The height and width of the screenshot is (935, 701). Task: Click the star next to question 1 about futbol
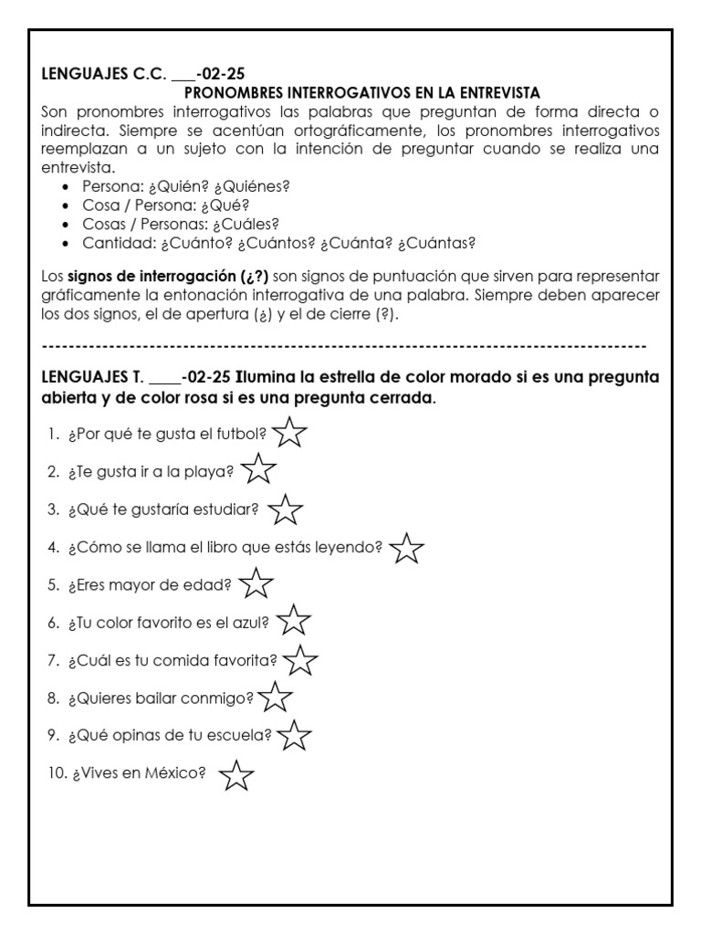tap(289, 433)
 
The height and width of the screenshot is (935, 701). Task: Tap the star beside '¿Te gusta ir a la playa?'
tap(259, 471)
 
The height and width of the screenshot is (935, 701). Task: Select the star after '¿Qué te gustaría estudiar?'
tap(287, 510)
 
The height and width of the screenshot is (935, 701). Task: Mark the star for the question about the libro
tap(406, 548)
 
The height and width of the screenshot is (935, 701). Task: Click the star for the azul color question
tap(293, 622)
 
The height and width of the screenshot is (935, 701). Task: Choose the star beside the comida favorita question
tap(301, 659)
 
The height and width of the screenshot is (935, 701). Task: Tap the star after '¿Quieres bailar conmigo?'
tap(275, 699)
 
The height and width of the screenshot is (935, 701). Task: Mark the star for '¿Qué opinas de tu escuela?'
tap(294, 734)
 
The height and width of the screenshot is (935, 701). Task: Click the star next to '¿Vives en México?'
tap(236, 775)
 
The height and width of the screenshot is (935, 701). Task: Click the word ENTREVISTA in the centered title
tap(495, 93)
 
